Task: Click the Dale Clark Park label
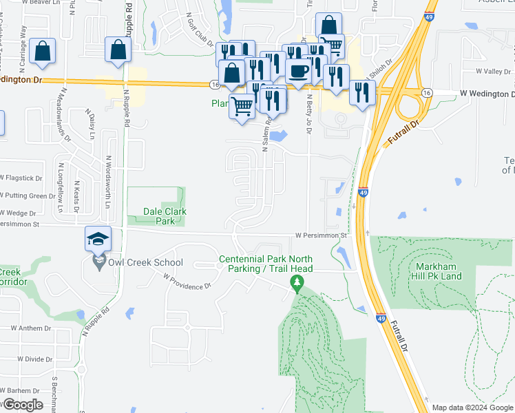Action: (x=156, y=216)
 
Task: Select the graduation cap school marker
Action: (x=98, y=239)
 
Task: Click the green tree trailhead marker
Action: (x=297, y=282)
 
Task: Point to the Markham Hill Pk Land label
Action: (x=449, y=271)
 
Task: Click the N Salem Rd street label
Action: (x=264, y=135)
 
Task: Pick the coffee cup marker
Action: (x=297, y=71)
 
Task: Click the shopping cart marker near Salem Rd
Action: (x=242, y=107)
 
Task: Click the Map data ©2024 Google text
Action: (x=472, y=407)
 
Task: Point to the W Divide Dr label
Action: (x=34, y=359)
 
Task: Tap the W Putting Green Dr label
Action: (x=28, y=196)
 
